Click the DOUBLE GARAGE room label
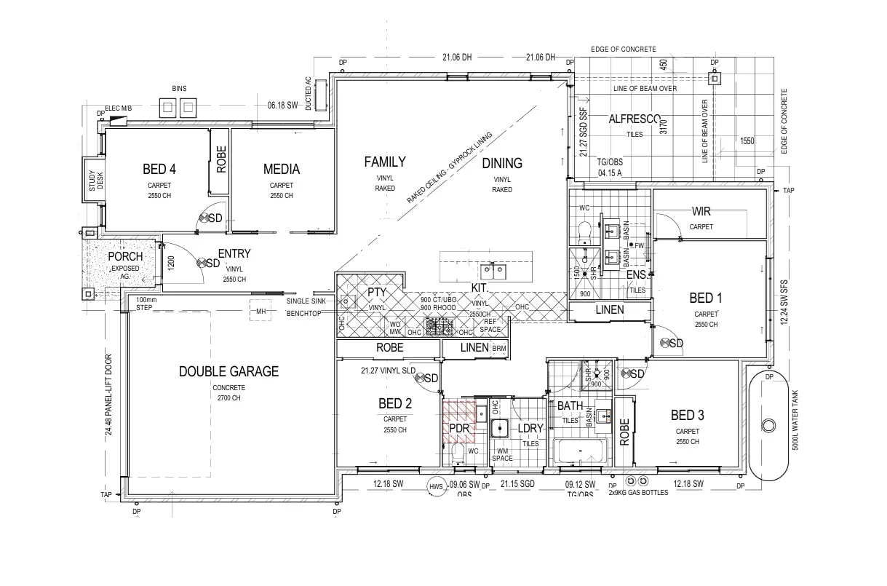[228, 371]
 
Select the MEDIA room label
[281, 170]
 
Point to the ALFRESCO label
[635, 119]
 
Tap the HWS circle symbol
[436, 487]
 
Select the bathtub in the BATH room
[580, 452]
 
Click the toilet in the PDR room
[458, 455]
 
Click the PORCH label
[125, 257]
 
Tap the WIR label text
[701, 212]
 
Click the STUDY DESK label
[96, 180]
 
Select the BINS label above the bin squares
[179, 89]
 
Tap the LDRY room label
[530, 428]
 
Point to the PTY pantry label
[375, 292]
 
